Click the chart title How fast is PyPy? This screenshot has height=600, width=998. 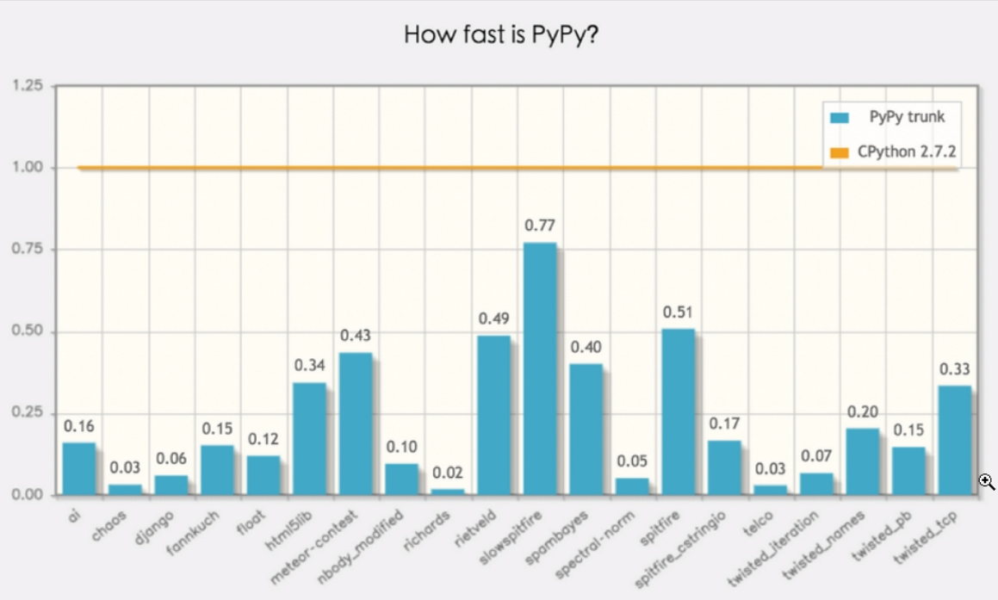pyautogui.click(x=499, y=34)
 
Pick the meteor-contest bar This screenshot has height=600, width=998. pyautogui.click(x=356, y=424)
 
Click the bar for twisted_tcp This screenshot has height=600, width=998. pyautogui.click(x=954, y=440)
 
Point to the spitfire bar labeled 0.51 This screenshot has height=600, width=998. pyautogui.click(x=678, y=411)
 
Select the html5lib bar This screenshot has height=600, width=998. pyautogui.click(x=310, y=438)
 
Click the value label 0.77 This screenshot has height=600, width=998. pyautogui.click(x=540, y=226)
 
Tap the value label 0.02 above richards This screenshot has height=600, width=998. pyautogui.click(x=448, y=473)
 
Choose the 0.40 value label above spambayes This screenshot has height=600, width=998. pyautogui.click(x=586, y=347)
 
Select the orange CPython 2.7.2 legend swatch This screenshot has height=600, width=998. pyautogui.click(x=839, y=153)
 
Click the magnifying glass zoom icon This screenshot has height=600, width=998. pyautogui.click(x=987, y=482)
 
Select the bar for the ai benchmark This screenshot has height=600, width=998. pyautogui.click(x=79, y=468)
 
